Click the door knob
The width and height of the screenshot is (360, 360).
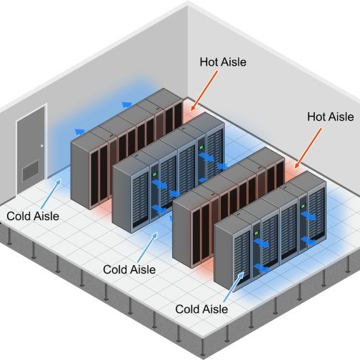42,146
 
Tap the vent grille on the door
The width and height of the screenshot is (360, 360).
31,171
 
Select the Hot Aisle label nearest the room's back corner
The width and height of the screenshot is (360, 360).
223,62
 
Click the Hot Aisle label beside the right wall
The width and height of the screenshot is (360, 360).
330,116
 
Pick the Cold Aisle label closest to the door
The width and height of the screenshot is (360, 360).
33,216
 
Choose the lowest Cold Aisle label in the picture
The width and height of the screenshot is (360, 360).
201,309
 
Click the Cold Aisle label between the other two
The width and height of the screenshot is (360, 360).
129,269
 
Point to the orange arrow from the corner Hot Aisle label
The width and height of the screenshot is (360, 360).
204,91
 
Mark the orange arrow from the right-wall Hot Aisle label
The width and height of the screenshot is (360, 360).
309,148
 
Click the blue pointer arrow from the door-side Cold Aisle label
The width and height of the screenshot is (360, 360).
51,194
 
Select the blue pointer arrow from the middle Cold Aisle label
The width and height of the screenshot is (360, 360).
148,247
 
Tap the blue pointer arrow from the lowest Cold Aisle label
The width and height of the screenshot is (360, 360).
234,287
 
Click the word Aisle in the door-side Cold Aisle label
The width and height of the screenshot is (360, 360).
46,216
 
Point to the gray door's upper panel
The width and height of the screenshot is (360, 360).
31,136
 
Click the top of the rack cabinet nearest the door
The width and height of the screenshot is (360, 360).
89,138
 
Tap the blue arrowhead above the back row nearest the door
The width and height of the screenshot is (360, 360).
80,131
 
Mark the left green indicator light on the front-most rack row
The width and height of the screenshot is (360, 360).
256,233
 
